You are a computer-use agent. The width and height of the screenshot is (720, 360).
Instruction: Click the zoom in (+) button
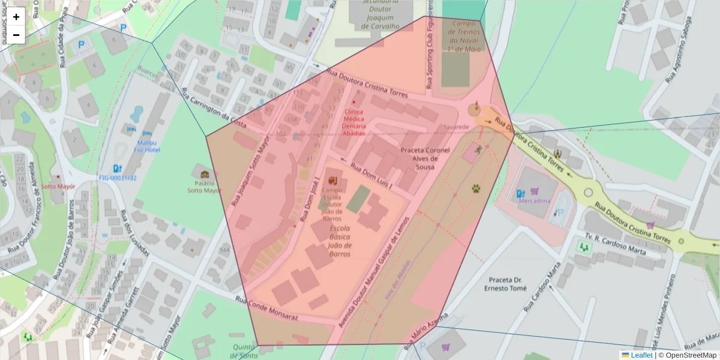click(16, 17)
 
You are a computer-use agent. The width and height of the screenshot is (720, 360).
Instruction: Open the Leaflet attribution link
click(641, 355)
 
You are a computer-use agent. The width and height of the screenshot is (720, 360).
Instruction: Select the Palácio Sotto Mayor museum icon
click(205, 175)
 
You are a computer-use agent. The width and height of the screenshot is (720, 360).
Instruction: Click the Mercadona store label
click(534, 200)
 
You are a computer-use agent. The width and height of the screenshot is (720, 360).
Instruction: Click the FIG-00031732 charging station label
click(118, 178)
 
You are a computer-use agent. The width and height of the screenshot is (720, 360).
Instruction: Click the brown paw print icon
click(476, 189)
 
